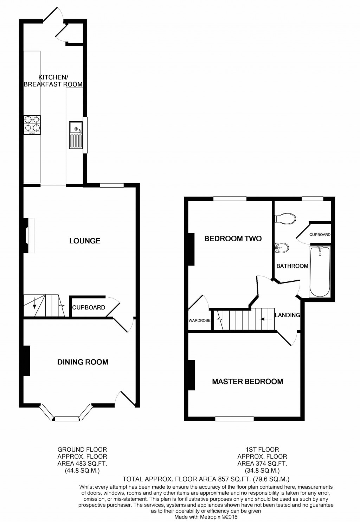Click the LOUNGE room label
pyautogui.click(x=85, y=241)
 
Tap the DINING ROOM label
pyautogui.click(x=83, y=362)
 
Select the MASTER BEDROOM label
pyautogui.click(x=247, y=382)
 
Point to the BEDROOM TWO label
pyautogui.click(x=233, y=239)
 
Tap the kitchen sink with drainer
pyautogui.click(x=76, y=134)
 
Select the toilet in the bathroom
pyautogui.click(x=285, y=218)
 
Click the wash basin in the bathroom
pyautogui.click(x=282, y=248)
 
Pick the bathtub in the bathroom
pyautogui.click(x=320, y=271)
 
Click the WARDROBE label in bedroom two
pyautogui.click(x=199, y=320)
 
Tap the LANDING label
pyautogui.click(x=287, y=315)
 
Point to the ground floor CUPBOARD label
pyautogui.click(x=89, y=307)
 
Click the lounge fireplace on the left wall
pyautogui.click(x=28, y=235)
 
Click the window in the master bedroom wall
pyautogui.click(x=234, y=419)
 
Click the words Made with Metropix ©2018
pyautogui.click(x=206, y=517)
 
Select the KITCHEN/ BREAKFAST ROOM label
pyautogui.click(x=53, y=81)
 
